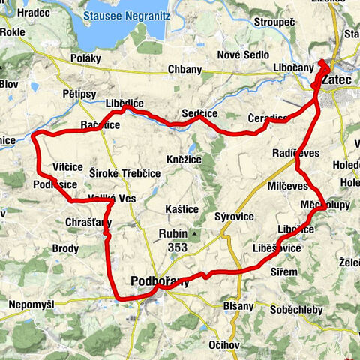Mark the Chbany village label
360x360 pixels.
[x=184, y=70]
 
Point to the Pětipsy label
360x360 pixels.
[x=77, y=94]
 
